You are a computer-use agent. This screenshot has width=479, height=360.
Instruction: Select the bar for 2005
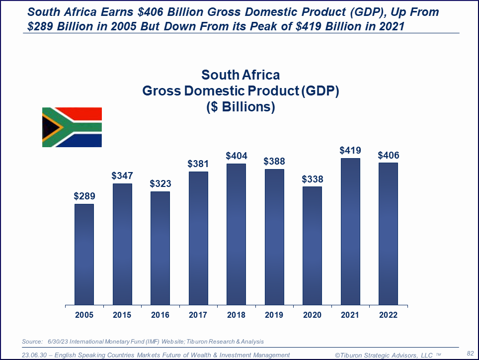[84, 254]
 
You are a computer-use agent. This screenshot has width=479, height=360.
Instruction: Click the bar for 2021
[350, 231]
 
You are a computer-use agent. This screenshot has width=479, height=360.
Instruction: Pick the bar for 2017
[198, 238]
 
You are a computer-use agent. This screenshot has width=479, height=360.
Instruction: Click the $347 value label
[122, 176]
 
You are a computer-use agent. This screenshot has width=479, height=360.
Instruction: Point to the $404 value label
[236, 156]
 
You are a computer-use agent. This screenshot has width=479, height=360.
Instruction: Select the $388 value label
[274, 161]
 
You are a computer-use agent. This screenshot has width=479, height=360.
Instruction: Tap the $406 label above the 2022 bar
[388, 155]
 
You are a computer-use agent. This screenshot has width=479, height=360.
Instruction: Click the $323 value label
[160, 183]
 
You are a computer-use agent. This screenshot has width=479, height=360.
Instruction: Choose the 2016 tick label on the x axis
[160, 315]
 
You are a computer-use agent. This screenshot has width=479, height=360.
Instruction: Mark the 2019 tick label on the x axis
[274, 315]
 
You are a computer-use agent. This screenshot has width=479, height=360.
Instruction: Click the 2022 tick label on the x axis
[388, 315]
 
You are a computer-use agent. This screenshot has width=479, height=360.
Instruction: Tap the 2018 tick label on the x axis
[236, 315]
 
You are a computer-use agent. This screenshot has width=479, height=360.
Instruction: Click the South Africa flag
[72, 127]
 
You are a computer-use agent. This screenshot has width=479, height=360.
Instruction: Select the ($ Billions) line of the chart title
[240, 107]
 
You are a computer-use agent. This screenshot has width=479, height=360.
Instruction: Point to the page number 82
[470, 353]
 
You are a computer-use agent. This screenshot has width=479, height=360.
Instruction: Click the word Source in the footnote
[33, 342]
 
